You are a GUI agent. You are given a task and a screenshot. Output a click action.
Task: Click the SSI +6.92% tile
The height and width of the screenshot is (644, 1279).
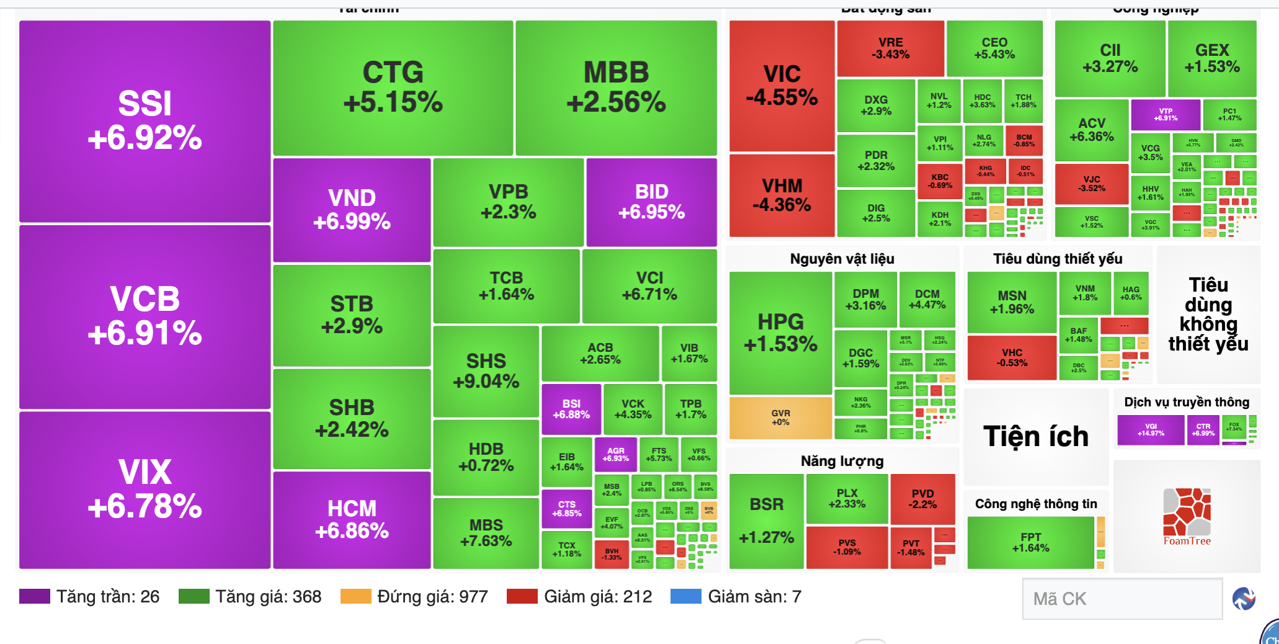pyautogui.click(x=145, y=121)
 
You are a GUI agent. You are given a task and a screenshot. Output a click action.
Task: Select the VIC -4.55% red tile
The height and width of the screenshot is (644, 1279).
pyautogui.click(x=782, y=86)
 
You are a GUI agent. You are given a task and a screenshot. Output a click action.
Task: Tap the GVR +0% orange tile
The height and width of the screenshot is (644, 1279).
pyautogui.click(x=780, y=418)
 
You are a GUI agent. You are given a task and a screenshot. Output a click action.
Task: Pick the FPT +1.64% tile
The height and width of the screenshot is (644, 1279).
pyautogui.click(x=1030, y=542)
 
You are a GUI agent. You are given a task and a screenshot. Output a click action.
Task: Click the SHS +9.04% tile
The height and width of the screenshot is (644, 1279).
pyautogui.click(x=486, y=371)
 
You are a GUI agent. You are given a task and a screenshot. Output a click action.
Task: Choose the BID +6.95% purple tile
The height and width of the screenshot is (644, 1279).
pyautogui.click(x=651, y=202)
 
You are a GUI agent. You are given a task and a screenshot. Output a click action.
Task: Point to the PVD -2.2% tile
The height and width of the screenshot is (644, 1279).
pyautogui.click(x=922, y=499)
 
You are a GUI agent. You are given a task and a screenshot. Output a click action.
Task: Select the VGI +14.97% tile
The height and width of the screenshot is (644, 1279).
pyautogui.click(x=1151, y=430)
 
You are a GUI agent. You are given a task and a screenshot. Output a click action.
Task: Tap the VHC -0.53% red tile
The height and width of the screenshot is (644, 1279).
pyautogui.click(x=1012, y=357)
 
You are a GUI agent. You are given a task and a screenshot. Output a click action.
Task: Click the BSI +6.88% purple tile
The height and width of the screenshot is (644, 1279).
pyautogui.click(x=571, y=409)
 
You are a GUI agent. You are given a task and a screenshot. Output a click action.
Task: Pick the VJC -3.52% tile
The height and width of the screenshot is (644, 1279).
pyautogui.click(x=1092, y=184)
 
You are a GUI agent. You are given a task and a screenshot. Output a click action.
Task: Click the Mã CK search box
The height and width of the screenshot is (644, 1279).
pyautogui.click(x=1121, y=599)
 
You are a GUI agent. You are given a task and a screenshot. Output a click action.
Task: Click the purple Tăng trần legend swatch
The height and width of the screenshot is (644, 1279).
pyautogui.click(x=35, y=597)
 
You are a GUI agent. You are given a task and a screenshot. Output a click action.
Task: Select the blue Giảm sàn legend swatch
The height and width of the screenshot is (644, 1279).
pyautogui.click(x=686, y=597)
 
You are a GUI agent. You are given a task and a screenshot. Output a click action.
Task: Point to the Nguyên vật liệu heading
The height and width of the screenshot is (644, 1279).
pyautogui.click(x=842, y=259)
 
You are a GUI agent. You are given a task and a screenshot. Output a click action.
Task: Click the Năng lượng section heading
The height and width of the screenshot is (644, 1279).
pyautogui.click(x=842, y=461)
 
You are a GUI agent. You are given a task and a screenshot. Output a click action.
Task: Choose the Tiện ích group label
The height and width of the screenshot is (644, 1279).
pyautogui.click(x=1036, y=437)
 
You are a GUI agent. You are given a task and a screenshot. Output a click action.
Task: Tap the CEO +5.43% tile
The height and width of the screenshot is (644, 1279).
pyautogui.click(x=994, y=48)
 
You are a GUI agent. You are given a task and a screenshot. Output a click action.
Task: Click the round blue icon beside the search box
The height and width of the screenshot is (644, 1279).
pyautogui.click(x=1244, y=599)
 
